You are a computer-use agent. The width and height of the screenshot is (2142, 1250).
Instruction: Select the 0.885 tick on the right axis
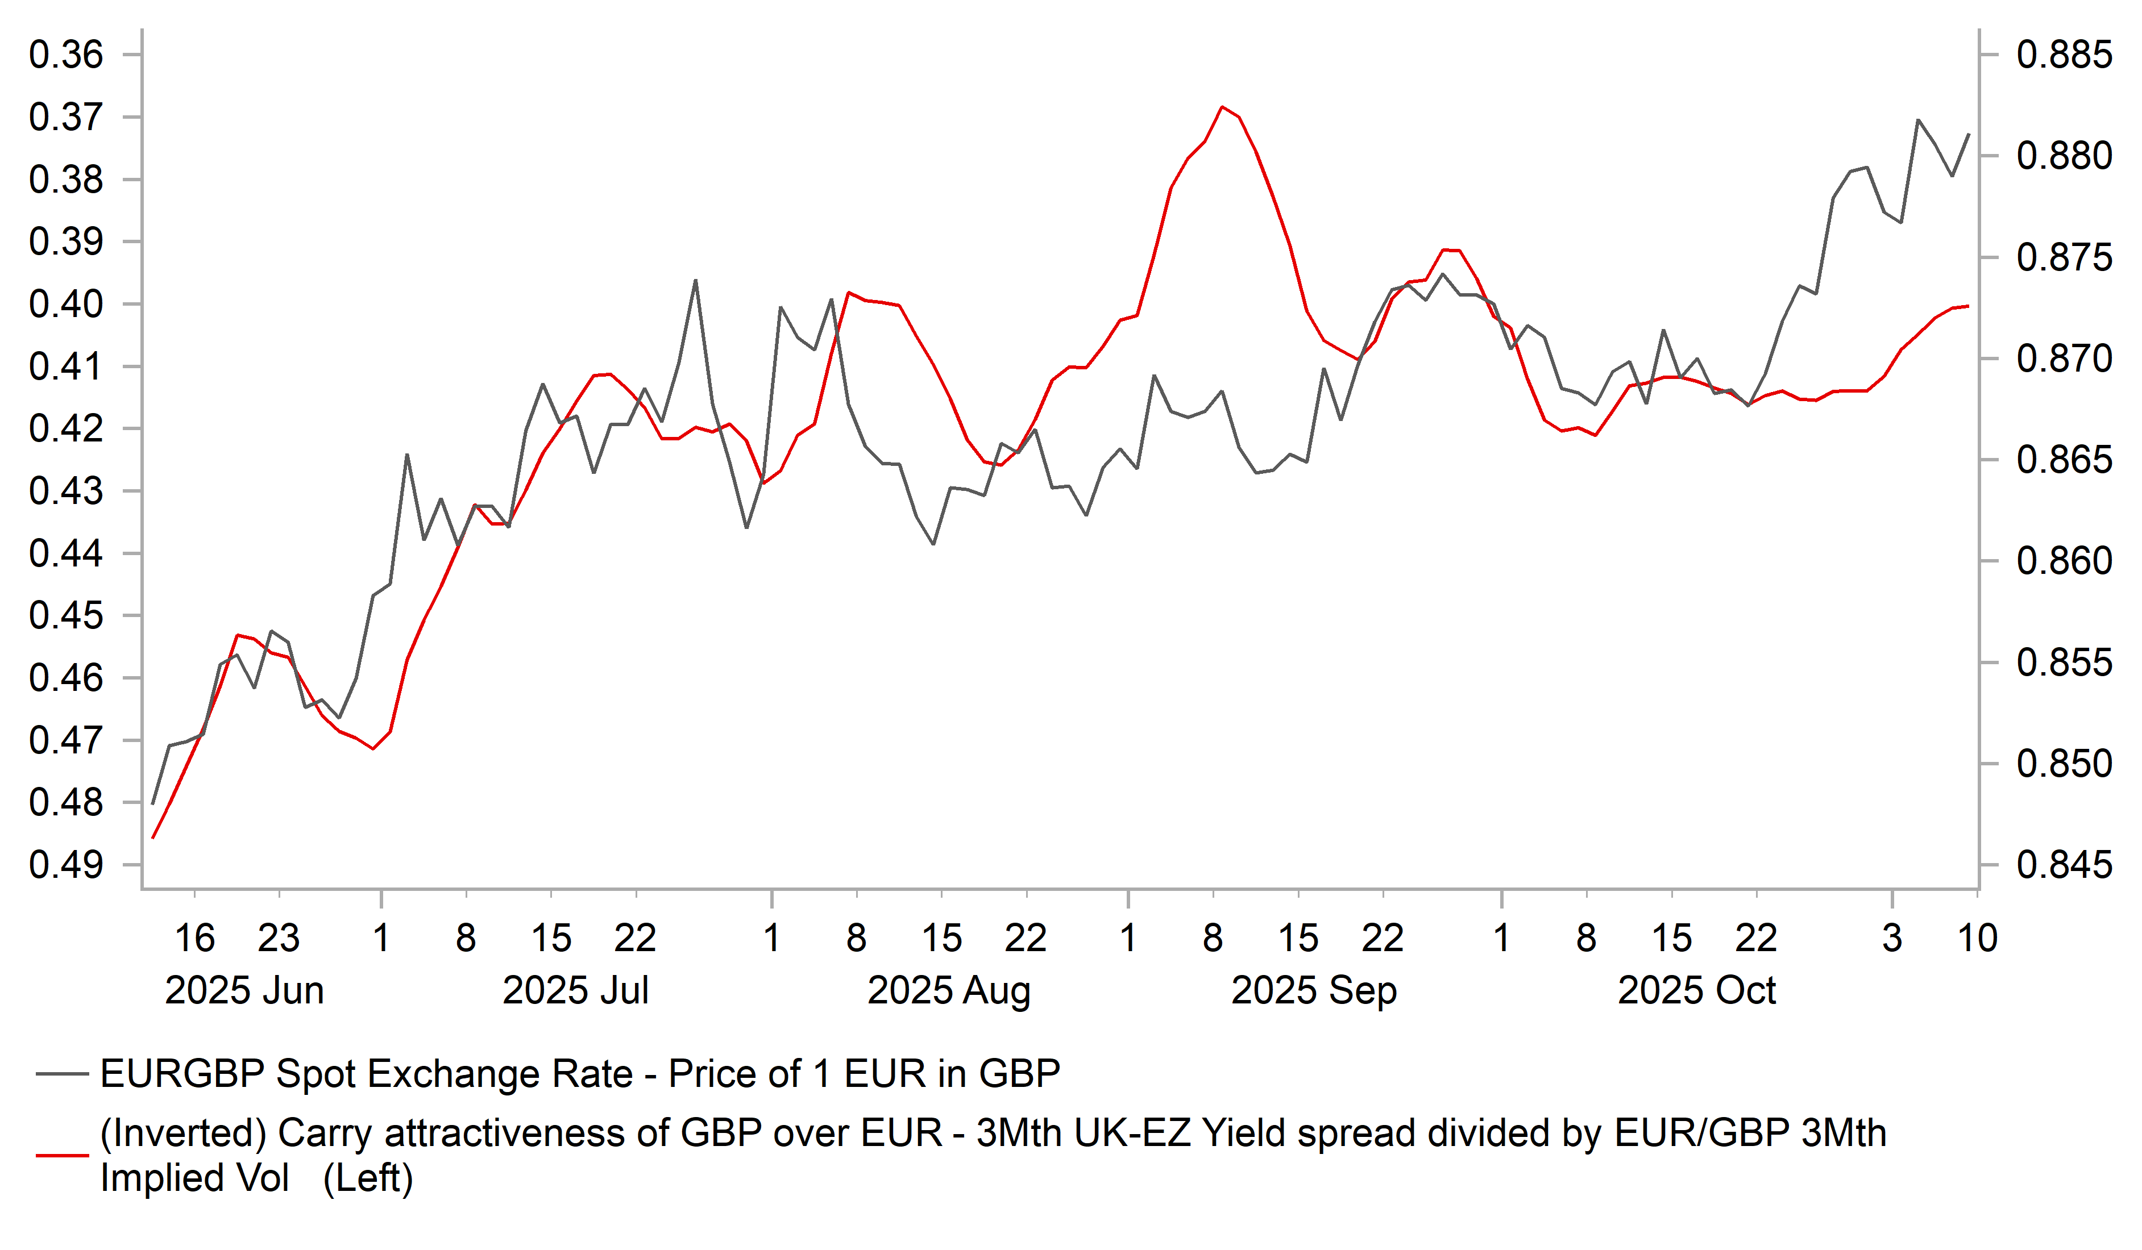[x=2064, y=55]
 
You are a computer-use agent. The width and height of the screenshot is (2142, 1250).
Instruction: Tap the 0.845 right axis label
[x=2064, y=865]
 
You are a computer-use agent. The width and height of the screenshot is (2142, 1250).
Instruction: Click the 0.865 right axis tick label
[x=2064, y=460]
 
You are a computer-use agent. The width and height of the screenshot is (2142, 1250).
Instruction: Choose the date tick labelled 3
[x=1892, y=938]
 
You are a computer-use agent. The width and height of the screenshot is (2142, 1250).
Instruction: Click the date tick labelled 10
[x=1977, y=938]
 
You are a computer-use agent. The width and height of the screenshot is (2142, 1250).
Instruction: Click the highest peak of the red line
[x=1222, y=107]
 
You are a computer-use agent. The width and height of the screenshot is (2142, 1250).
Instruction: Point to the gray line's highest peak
[x=1919, y=120]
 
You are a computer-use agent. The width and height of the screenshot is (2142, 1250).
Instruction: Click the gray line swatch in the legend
[x=62, y=1074]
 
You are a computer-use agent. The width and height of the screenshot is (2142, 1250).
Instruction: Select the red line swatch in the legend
[x=62, y=1156]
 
